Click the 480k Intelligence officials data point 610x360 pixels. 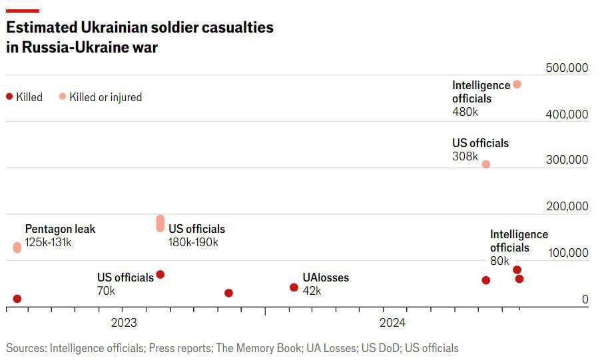pos(517,85)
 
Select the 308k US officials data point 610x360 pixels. pos(486,164)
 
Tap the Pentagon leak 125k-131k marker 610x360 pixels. pos(17,248)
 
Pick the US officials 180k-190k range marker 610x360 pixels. pos(160,224)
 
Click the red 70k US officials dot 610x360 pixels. pos(160,275)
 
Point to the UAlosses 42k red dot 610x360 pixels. pos(294,287)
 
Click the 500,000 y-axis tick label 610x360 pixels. pos(567,69)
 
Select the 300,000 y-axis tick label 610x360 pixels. pos(567,160)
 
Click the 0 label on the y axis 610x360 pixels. pos(585,299)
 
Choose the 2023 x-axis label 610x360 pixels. pos(123,323)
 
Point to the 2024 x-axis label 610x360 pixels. pos(392,323)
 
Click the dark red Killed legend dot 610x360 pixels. pos(9,96)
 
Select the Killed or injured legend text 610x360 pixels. pos(105,97)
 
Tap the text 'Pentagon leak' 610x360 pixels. pos(60,229)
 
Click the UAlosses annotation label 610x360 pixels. pos(326,277)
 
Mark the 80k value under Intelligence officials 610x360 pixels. pos(499,261)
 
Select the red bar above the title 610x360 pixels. pos(22,10)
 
